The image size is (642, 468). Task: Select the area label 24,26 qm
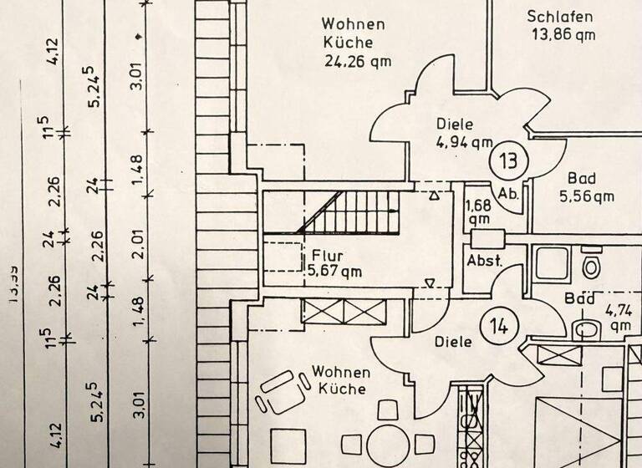point(357,60)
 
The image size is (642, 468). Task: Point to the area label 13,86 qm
point(563,34)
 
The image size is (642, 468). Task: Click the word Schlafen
point(560,16)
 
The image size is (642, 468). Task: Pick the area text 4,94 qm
point(464,142)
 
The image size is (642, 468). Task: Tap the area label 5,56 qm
point(586,196)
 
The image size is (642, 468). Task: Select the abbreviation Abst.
point(484,260)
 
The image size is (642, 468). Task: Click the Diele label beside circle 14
point(455,342)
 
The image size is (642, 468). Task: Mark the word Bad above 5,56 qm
point(581,178)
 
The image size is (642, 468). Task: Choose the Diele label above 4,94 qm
point(454,124)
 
